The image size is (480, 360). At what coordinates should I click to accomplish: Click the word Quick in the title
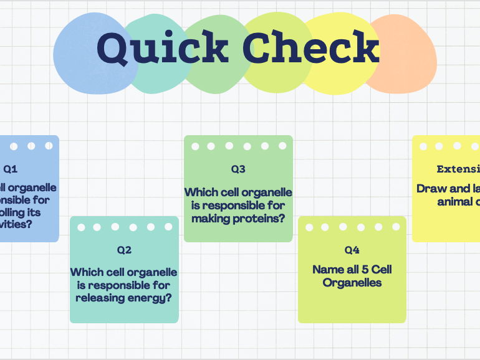coord(163,49)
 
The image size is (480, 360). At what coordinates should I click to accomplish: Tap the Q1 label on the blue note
coord(11,169)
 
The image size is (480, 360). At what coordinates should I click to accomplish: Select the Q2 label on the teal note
coord(124,250)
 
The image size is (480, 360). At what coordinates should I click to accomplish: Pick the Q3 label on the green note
coord(238,169)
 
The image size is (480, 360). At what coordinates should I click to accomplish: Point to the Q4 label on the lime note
coord(352,250)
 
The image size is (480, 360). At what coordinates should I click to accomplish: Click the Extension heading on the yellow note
coord(458,169)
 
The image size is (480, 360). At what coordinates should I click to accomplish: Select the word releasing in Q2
coord(100,298)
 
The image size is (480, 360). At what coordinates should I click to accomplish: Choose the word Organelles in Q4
coord(352,283)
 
